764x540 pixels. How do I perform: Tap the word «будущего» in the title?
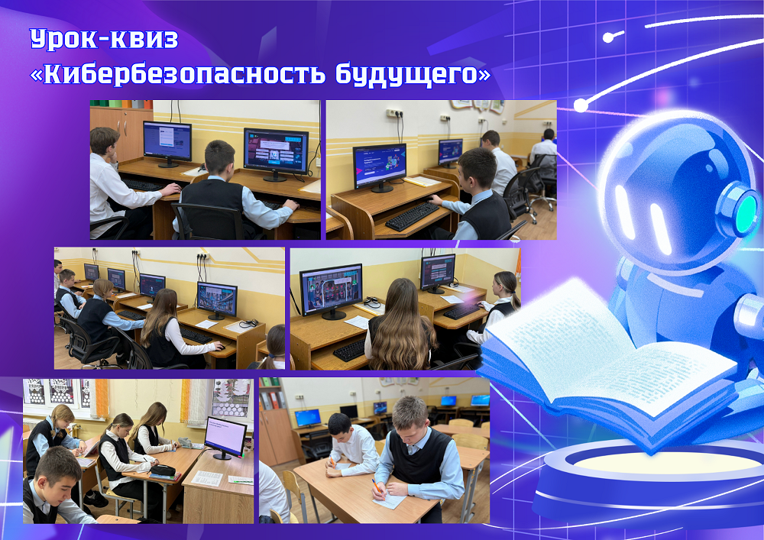406,75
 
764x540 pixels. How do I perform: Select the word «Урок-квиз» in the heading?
104,39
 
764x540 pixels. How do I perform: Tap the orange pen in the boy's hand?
376,485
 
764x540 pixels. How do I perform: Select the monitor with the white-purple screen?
225,437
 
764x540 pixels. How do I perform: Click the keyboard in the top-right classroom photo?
413,216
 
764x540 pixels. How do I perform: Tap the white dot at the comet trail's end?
581,105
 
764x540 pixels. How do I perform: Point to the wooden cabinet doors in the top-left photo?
121,134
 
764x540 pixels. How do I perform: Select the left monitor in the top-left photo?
167,143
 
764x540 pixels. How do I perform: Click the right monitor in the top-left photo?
276,154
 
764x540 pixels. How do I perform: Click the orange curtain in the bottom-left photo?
102,398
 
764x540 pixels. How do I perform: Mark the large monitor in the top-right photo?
380,167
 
